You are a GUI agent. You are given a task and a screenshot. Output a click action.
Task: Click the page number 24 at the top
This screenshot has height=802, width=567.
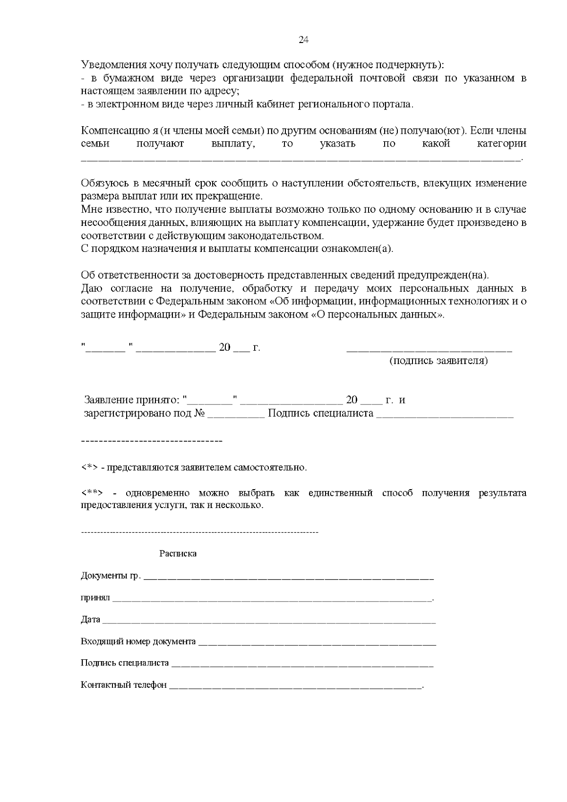pos(304,40)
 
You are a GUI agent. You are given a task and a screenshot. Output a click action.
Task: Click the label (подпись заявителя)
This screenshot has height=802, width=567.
pos(438,361)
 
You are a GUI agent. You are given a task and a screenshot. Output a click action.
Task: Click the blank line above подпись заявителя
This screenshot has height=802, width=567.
pos(429,350)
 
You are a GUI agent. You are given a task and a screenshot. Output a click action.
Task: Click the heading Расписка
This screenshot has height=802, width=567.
pos(178,553)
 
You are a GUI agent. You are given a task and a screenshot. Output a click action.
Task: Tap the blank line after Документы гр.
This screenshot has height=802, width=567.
pos(288,578)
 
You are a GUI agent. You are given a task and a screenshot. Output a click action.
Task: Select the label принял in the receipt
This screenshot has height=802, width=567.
pos(95,598)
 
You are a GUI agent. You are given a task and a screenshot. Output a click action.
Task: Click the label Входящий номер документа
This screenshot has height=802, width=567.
pos(138,642)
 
